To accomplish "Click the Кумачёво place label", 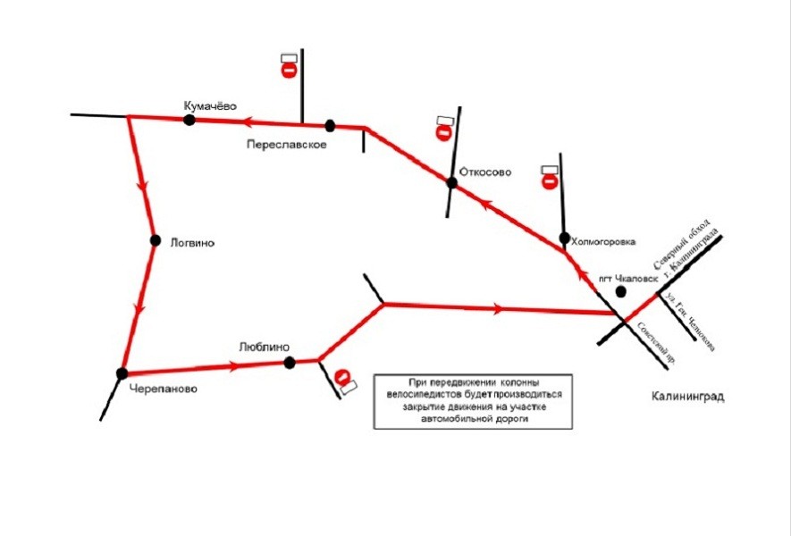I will pyautogui.click(x=210, y=105).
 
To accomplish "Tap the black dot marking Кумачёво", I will pyautogui.click(x=189, y=120).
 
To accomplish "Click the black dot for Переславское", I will pyautogui.click(x=330, y=125).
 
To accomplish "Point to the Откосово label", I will pyautogui.click(x=484, y=172).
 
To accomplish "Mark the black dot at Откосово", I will pyautogui.click(x=451, y=183).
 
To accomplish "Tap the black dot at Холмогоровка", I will pyautogui.click(x=564, y=239).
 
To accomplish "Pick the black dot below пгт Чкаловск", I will pyautogui.click(x=620, y=292).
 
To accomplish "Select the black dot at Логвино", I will pyautogui.click(x=155, y=240).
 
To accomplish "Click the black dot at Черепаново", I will pyautogui.click(x=122, y=373).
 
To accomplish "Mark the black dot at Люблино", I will pyautogui.click(x=289, y=362).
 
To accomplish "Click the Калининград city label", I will pyautogui.click(x=686, y=396).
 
